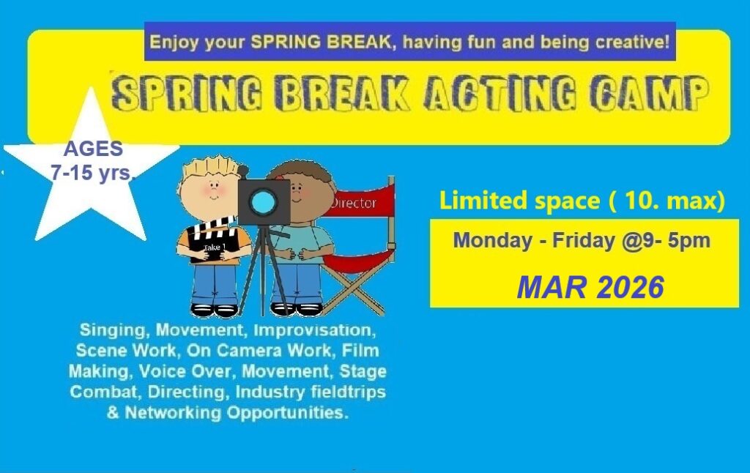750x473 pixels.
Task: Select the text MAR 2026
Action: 590,288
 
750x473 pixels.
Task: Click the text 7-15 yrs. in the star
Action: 94,172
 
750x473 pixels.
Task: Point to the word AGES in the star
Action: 93,149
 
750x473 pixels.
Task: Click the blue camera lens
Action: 263,202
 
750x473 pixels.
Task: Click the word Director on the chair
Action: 354,204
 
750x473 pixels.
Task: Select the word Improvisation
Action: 314,330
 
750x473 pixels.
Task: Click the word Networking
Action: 173,412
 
